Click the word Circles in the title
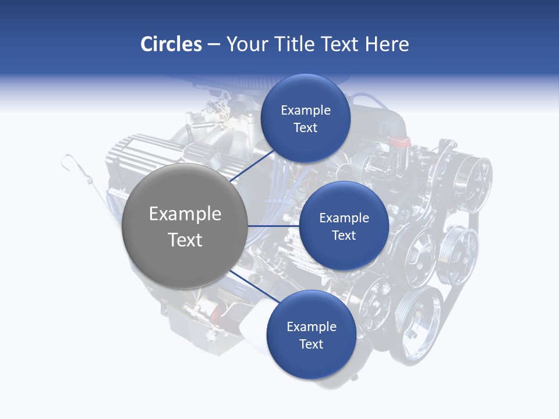[171, 44]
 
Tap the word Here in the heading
[387, 44]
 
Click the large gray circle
[185, 226]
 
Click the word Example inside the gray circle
[185, 214]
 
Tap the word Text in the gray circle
[185, 240]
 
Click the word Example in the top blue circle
[306, 111]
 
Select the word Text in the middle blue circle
[344, 236]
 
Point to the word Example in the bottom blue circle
[311, 326]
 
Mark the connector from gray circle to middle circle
[274, 226]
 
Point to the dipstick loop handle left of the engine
[68, 160]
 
